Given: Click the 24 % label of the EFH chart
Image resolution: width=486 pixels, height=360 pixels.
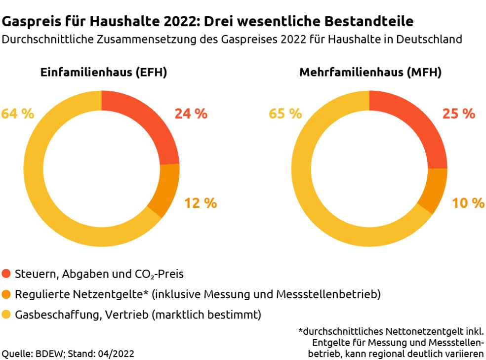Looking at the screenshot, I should [x=191, y=114].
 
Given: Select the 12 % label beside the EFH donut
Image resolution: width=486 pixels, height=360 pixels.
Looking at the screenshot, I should [x=201, y=203].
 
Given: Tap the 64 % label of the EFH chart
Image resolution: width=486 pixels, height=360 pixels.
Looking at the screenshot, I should [x=18, y=114].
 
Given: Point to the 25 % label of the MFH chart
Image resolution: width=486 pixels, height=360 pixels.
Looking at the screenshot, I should [x=458, y=114].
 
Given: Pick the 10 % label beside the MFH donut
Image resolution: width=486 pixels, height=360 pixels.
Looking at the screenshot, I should [x=468, y=203].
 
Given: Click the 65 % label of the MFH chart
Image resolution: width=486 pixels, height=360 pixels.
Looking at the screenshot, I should [x=285, y=114].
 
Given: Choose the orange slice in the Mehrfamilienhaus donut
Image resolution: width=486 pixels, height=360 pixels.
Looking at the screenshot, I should [x=433, y=190].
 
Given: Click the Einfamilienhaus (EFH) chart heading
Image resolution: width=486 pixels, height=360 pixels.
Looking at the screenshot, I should [x=103, y=73].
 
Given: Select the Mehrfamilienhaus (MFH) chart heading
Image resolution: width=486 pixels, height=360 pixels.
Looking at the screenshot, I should [x=370, y=73].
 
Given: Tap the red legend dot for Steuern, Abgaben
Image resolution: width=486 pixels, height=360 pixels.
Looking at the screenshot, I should [x=6, y=274].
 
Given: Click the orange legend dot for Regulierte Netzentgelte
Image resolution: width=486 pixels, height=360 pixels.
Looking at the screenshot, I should [x=6, y=295].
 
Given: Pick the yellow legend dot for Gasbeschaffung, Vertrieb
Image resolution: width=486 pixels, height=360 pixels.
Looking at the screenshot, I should [x=6, y=315].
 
